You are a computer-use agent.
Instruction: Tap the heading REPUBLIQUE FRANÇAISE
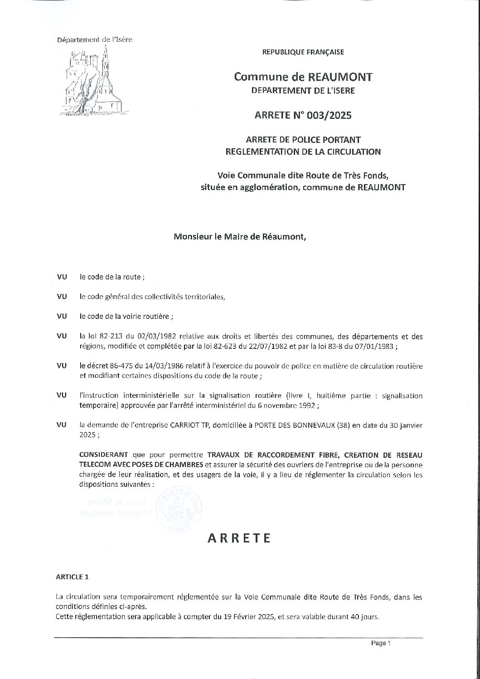303,52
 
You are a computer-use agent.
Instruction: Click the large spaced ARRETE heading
239,538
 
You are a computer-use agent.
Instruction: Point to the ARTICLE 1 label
72,577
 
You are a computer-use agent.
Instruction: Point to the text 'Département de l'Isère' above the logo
94,40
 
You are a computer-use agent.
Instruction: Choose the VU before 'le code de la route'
62,277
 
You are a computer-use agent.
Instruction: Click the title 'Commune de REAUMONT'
303,77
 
